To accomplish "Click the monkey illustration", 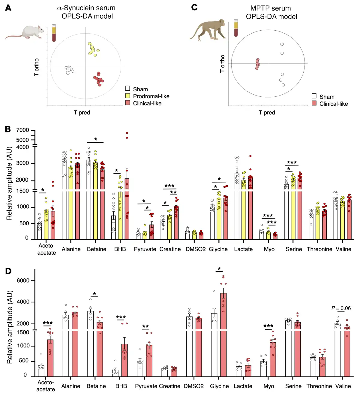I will point(209,30).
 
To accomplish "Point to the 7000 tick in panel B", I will point(23,130).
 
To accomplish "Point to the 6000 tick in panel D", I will point(23,280).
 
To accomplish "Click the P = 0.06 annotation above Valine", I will point(341,308).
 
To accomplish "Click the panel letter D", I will point(8,271).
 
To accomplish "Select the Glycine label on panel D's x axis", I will point(219,386).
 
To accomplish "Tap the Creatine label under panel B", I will point(170,249).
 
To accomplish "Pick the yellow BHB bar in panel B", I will point(120,215).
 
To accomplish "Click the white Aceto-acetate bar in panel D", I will point(41,371).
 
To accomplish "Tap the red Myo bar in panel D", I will point(273,359).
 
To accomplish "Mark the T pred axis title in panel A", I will point(82,112).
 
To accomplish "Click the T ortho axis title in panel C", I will point(222,63).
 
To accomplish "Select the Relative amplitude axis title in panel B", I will point(9,183).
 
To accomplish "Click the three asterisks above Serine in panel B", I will point(292,162).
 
